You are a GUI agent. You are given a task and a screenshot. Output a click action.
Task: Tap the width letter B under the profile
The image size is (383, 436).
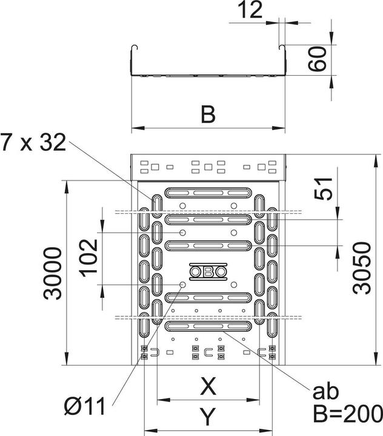pos(208,114)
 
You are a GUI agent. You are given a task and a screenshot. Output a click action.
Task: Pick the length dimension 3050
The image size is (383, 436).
pos(361,267)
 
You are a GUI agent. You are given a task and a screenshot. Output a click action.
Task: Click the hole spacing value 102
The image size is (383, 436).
pos(88,257)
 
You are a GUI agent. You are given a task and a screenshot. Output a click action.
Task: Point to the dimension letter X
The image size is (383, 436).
pos(208,385)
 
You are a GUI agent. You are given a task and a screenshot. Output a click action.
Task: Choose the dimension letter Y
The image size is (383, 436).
pos(208,416)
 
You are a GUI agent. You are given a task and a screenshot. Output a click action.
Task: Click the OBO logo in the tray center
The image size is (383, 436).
pos(208,272)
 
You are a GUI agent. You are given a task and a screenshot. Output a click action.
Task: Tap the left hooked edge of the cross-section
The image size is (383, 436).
pos(133,51)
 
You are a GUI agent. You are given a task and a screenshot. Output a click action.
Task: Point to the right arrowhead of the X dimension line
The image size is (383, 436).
pos(255,401)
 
